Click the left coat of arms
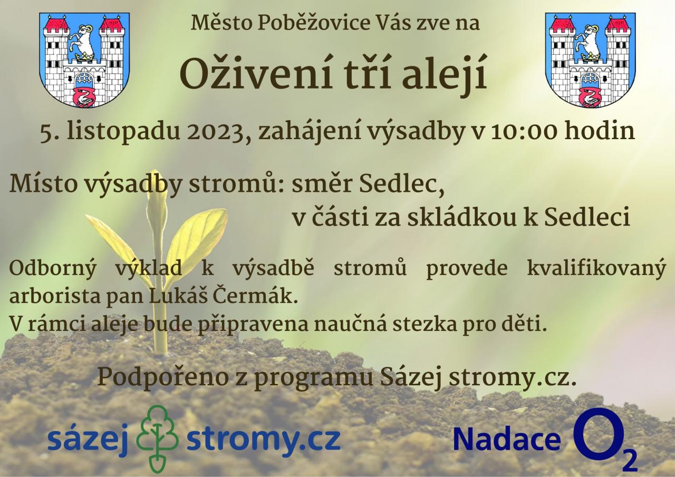click(84, 60)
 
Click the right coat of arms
click(590, 60)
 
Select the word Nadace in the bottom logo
click(507, 440)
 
